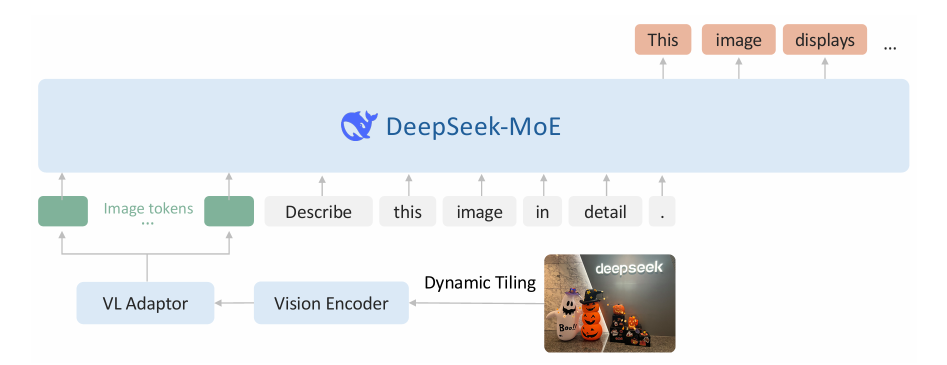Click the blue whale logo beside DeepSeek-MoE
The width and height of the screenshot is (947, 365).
[358, 125]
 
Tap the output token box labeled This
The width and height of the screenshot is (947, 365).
[663, 39]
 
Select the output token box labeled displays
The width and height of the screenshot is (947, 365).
[824, 39]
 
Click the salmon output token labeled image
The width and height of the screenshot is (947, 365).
[738, 39]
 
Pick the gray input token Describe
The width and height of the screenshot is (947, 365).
[318, 211]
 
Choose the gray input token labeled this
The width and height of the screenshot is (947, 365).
[407, 211]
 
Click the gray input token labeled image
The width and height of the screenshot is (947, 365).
[479, 211]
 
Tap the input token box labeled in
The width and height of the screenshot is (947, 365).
[542, 211]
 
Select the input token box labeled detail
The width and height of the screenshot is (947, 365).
[605, 211]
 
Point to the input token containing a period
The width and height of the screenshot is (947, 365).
[662, 211]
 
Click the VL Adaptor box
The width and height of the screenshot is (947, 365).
[145, 303]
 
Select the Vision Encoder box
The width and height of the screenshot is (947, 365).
[331, 303]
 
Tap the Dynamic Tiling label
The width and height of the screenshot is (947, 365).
[480, 283]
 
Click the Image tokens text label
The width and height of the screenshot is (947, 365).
[148, 208]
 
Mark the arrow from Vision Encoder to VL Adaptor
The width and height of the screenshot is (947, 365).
[234, 303]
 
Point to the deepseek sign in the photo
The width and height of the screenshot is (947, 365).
[629, 268]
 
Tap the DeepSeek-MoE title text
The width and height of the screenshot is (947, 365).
[473, 126]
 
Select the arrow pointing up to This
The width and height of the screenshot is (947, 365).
[663, 68]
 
